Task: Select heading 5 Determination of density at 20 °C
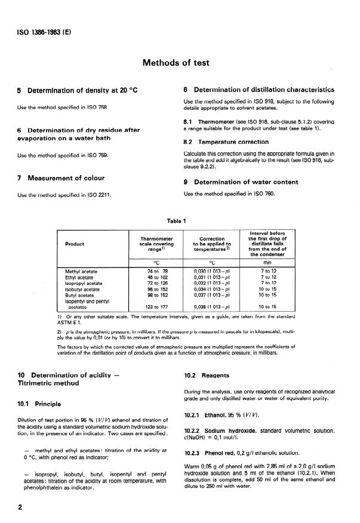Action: (78, 90)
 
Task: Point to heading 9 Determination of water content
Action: (251, 182)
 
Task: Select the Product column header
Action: (75, 244)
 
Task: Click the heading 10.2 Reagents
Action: (207, 376)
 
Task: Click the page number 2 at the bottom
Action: (20, 507)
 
